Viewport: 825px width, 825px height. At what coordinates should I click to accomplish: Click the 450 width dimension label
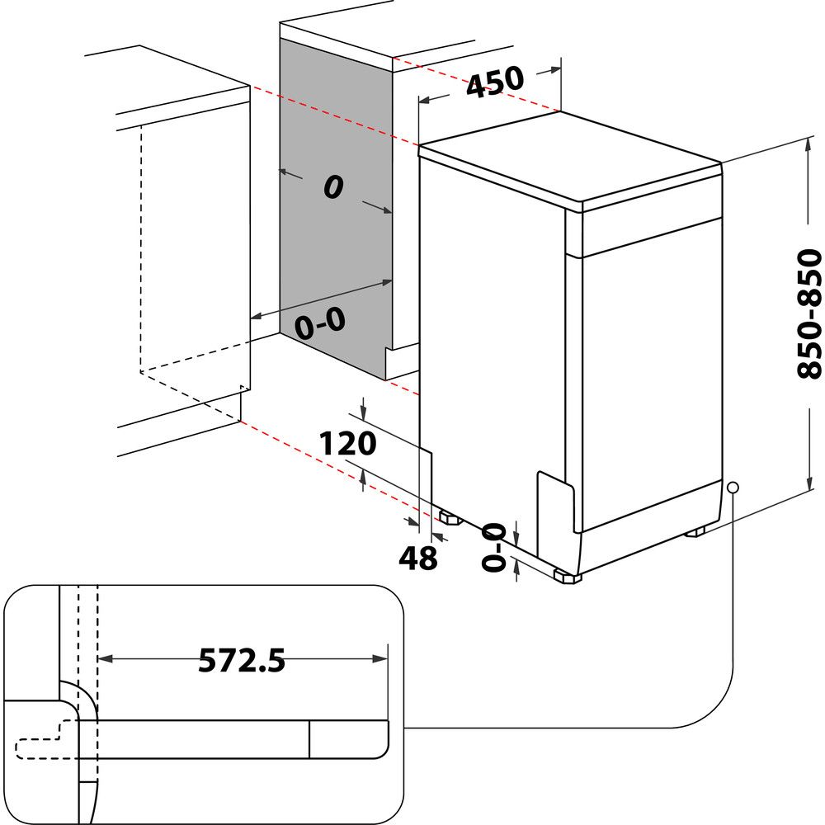click(x=495, y=82)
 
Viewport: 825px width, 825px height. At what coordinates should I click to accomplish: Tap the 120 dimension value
click(x=347, y=444)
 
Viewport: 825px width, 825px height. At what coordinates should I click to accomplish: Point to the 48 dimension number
click(x=417, y=559)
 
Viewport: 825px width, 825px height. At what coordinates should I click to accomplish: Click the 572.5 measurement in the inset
click(x=242, y=660)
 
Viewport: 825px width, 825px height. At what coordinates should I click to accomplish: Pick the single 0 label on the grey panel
click(x=332, y=188)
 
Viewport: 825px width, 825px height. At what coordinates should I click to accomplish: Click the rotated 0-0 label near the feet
click(x=494, y=547)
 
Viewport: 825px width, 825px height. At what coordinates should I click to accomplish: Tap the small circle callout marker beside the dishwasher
click(x=733, y=488)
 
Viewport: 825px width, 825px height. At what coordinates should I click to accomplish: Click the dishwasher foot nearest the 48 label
click(x=450, y=519)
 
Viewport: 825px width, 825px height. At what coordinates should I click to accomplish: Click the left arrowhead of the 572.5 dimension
click(x=104, y=658)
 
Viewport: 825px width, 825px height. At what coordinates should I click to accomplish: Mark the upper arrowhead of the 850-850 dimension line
click(x=805, y=145)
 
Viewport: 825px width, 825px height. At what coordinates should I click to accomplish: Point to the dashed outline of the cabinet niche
click(x=142, y=247)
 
